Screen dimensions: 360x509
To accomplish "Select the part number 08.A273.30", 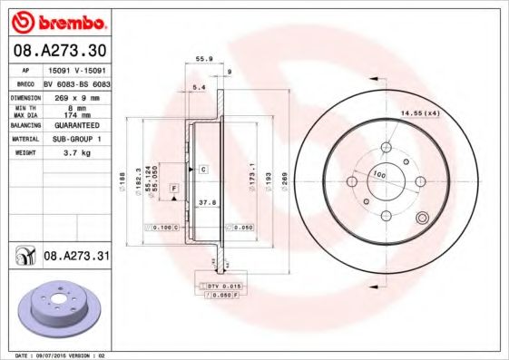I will [60, 52].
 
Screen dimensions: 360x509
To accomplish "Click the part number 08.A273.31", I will [76, 258].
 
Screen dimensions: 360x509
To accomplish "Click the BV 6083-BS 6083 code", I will [76, 82].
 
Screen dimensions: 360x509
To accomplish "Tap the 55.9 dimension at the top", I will [204, 60].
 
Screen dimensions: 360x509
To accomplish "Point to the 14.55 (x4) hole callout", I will [419, 112].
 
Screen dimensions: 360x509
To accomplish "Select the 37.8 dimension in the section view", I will [207, 204].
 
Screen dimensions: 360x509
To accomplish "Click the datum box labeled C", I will [203, 170].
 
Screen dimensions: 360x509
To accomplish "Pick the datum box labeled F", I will [171, 188].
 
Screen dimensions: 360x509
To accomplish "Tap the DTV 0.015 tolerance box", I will [223, 287].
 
